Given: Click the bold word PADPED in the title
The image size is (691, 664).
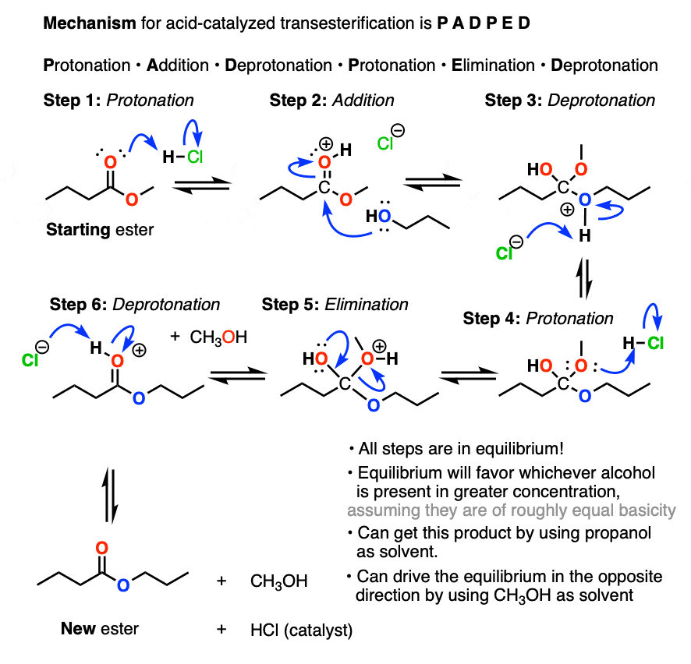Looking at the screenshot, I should coord(470,23).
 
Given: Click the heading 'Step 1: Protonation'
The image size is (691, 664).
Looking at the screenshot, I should coord(119,100).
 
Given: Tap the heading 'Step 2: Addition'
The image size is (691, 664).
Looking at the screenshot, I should coord(331,100).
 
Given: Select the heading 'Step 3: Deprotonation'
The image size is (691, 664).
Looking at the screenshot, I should coord(569,100).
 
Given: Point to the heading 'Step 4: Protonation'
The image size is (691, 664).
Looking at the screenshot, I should coord(538,318).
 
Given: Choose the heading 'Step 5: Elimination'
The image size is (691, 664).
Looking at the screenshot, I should coord(335,304).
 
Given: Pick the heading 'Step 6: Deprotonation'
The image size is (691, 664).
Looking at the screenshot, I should coord(135,304).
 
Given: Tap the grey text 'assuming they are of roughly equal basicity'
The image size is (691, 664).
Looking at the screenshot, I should coord(511,511).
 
